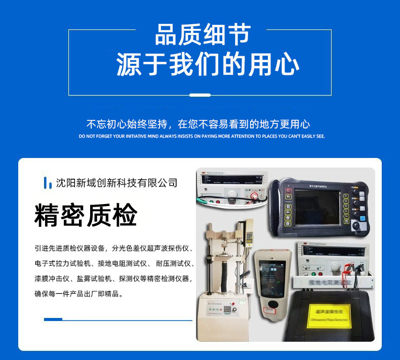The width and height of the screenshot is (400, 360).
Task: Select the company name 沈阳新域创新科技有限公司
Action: [x=116, y=183]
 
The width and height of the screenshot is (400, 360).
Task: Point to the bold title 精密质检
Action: [x=86, y=216]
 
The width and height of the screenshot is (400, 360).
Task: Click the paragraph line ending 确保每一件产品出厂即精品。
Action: [x=78, y=294]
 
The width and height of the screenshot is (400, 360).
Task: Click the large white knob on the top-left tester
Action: [x=232, y=194]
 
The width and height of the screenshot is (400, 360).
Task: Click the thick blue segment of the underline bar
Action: [x=53, y=319]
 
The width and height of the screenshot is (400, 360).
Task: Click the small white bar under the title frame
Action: [x=199, y=95]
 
